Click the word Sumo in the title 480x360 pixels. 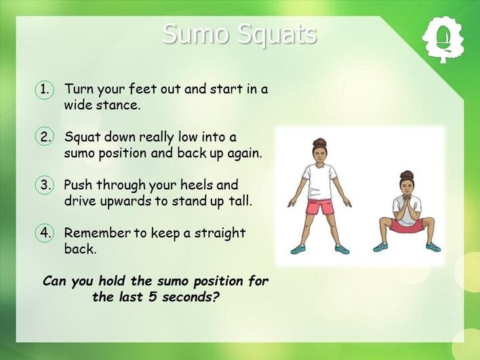pyautogui.click(x=196, y=34)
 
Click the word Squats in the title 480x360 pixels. pyautogui.click(x=277, y=35)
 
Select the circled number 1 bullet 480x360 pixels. pyautogui.click(x=45, y=89)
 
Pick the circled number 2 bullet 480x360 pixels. pyautogui.click(x=45, y=136)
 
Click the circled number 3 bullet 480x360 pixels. pyautogui.click(x=45, y=184)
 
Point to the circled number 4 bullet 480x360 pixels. pyautogui.click(x=45, y=233)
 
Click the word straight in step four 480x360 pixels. pyautogui.click(x=220, y=233)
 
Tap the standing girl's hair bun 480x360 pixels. pyautogui.click(x=320, y=142)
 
